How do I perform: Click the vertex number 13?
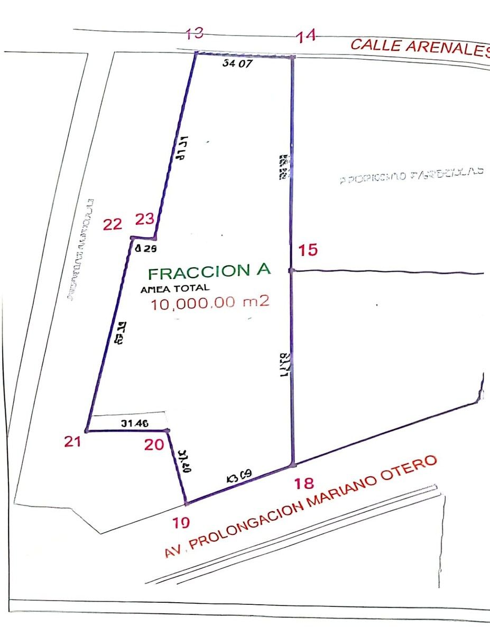coord(195,34)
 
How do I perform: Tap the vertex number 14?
coord(306,36)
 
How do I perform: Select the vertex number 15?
coord(308,249)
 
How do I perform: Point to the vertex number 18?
coord(305,483)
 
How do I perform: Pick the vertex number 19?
coord(181,523)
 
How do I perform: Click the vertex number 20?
coord(154,446)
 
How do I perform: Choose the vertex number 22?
coord(112,225)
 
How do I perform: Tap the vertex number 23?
coord(145,219)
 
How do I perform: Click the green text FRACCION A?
coord(209,272)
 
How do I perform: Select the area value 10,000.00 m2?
coord(210,304)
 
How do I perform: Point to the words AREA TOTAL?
coord(175,289)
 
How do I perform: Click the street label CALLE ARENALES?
coord(420,47)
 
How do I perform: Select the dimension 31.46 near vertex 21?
coord(134,423)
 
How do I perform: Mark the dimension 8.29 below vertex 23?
coord(146,248)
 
